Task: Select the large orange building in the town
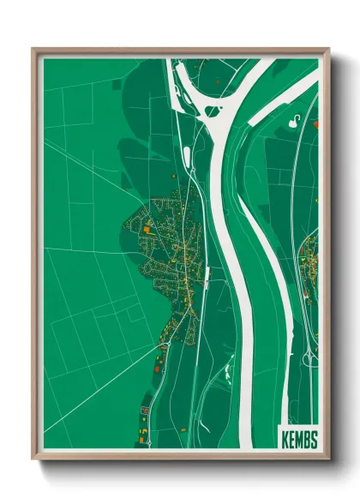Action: (x=147, y=230)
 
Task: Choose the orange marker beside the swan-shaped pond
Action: (x=315, y=124)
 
